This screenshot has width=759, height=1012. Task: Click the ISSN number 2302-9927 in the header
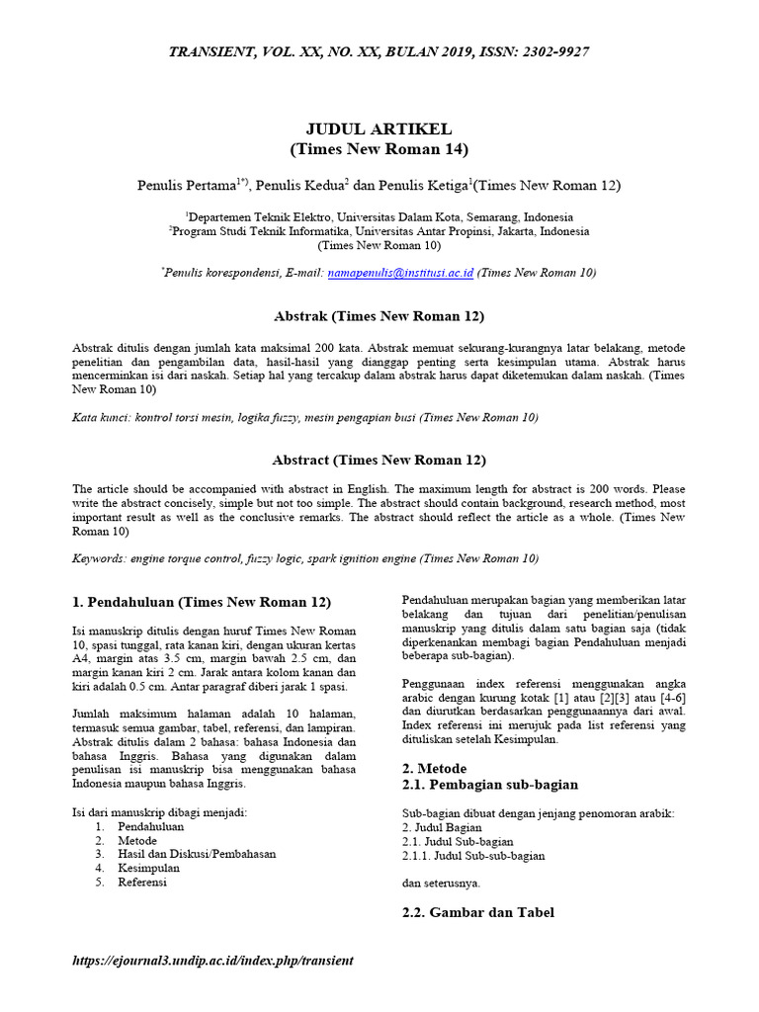pos(551,51)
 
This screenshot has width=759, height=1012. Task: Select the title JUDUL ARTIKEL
pos(379,129)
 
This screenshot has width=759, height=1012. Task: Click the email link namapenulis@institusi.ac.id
pos(401,272)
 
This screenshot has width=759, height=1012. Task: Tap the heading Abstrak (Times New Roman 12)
pos(379,316)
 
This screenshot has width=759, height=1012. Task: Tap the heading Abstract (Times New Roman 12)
pos(379,460)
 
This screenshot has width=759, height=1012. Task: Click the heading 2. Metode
pos(434,768)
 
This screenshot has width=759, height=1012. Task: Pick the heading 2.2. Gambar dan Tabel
pos(477,912)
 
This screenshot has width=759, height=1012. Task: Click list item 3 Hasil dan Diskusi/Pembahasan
pos(197,853)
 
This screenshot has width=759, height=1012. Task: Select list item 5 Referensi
pos(142,882)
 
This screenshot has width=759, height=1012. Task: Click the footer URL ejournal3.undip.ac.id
pos(213,961)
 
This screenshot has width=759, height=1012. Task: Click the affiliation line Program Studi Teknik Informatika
pos(379,231)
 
